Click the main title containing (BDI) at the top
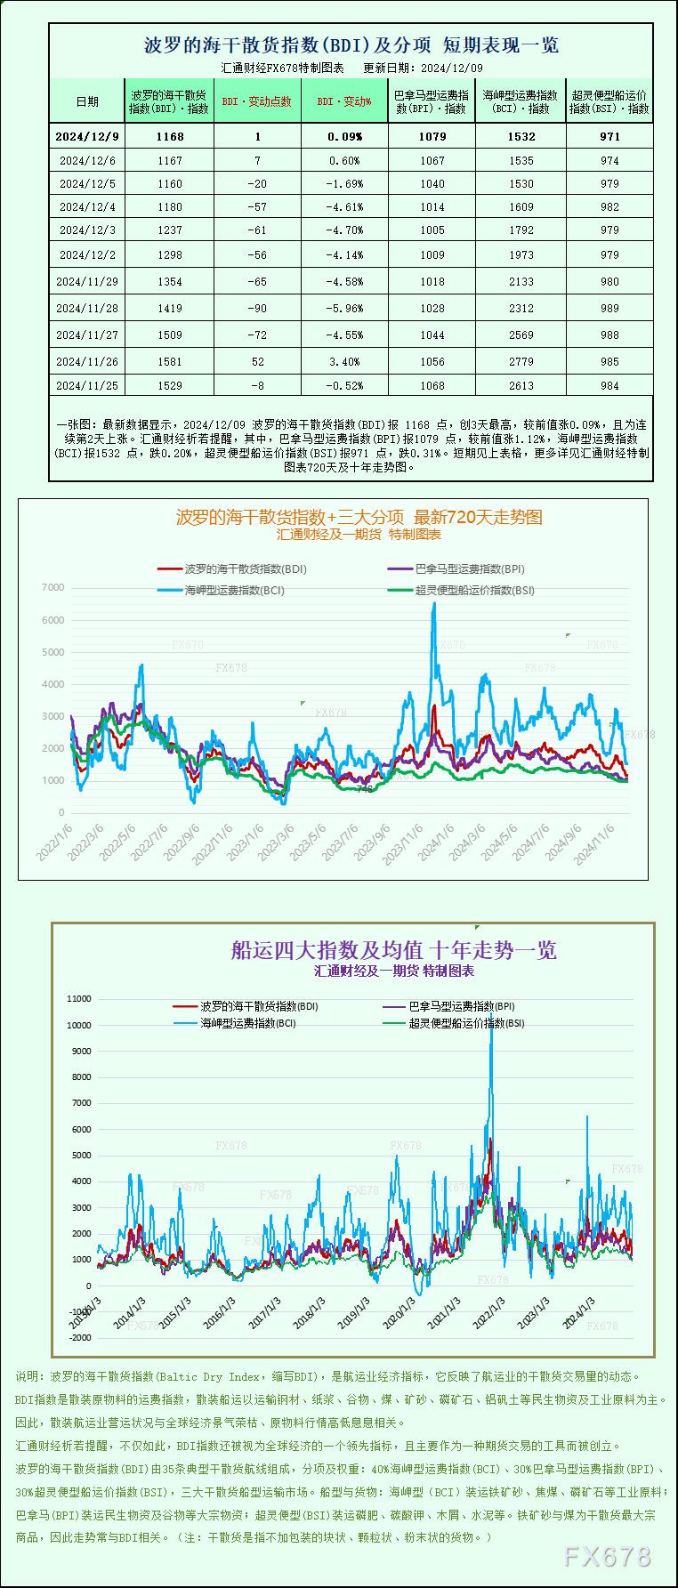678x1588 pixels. (x=351, y=44)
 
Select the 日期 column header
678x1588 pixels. (x=87, y=101)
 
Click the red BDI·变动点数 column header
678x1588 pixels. (x=257, y=101)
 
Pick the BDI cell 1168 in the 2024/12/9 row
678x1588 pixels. (x=169, y=136)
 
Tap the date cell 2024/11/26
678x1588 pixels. (x=86, y=362)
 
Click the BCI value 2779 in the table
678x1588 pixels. (x=521, y=362)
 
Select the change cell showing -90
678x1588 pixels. (x=258, y=309)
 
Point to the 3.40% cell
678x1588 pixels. (x=344, y=362)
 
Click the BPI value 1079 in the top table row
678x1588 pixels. (x=432, y=136)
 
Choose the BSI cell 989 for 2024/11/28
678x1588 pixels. (x=609, y=309)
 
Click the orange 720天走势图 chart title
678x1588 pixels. (x=359, y=517)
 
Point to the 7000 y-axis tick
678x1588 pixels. (x=53, y=587)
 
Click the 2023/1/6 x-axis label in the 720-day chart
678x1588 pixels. (x=245, y=841)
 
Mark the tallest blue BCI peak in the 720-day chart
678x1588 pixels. (x=434, y=604)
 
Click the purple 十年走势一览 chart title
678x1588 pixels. (x=394, y=950)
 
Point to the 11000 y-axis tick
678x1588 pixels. (x=79, y=998)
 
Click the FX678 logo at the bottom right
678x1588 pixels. (x=608, y=1556)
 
